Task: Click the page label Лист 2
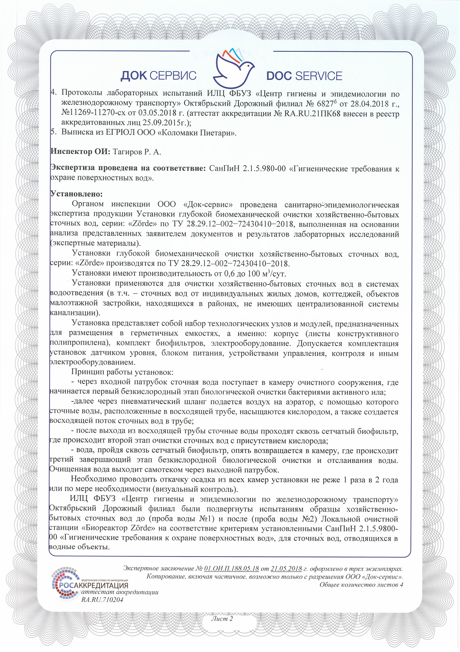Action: coord(222,619)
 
